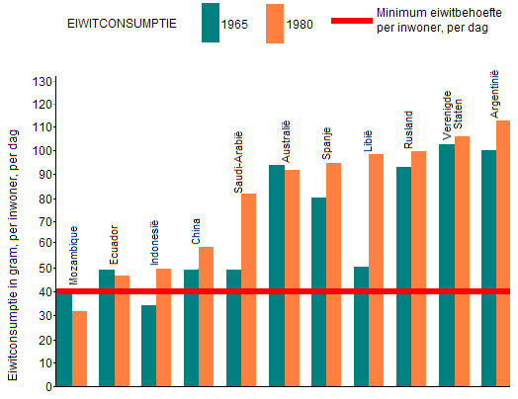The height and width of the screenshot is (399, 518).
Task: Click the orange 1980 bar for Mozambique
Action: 80,349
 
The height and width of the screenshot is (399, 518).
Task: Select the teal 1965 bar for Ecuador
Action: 107,328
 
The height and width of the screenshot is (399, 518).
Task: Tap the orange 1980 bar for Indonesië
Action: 163,327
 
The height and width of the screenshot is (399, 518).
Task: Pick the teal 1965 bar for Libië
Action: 361,326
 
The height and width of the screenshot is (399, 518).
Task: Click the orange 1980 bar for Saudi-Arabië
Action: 248,289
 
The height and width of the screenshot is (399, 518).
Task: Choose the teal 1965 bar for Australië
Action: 277,276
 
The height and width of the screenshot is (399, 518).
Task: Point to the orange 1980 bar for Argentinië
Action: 503,254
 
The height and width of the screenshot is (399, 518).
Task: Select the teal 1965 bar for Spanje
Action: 318,291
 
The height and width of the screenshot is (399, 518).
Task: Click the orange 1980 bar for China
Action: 206,316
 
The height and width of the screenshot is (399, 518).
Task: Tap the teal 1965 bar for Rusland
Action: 403,277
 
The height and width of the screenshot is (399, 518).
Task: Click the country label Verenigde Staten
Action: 452,116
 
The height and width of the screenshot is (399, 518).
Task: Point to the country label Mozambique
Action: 74,255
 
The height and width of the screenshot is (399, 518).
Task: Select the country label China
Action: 196,231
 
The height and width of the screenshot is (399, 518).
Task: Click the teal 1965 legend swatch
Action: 211,23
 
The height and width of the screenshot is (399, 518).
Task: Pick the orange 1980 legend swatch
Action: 275,24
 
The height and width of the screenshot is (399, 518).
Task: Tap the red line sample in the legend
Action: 352,21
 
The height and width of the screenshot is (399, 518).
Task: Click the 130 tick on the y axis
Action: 43,81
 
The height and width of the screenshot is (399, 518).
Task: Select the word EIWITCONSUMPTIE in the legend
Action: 122,24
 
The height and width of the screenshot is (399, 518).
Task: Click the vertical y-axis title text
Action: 13,255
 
